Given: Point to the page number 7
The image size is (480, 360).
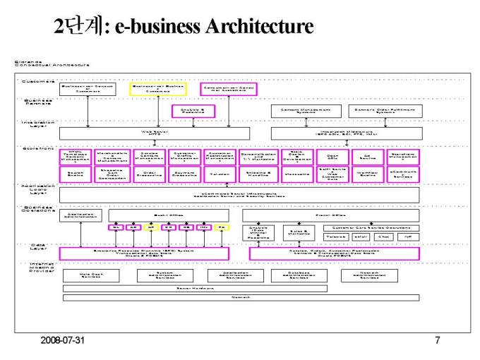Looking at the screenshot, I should (x=438, y=341).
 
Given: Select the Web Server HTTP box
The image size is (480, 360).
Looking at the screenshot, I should (x=155, y=132).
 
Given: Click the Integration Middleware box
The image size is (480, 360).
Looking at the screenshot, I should (x=345, y=132).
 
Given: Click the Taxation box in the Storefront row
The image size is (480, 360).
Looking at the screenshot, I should (x=220, y=174).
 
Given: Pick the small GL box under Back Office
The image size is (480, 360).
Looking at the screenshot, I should (x=116, y=227).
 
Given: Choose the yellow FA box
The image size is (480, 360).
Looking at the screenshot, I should (x=221, y=227).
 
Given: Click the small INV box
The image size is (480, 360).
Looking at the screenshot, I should (x=204, y=227).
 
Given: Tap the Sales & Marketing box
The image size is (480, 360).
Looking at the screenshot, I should (x=299, y=232).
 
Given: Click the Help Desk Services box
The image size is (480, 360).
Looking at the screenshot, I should (x=90, y=275).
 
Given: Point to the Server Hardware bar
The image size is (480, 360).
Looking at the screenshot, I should (x=194, y=288).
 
